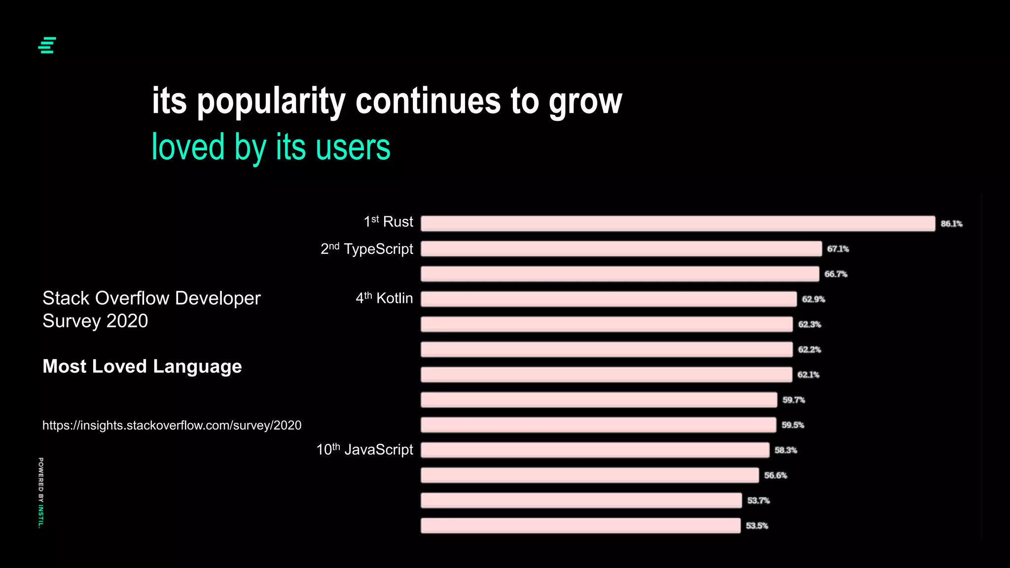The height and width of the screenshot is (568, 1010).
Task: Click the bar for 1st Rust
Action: tap(678, 223)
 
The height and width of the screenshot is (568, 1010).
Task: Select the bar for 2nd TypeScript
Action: tap(621, 248)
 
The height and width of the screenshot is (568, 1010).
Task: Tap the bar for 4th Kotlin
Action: tap(609, 299)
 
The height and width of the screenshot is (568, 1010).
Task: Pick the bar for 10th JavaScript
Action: tap(595, 450)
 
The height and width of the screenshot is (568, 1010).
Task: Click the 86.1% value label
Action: tap(951, 224)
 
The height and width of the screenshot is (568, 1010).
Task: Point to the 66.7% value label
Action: tap(836, 274)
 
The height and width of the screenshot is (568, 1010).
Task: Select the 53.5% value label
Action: tap(757, 526)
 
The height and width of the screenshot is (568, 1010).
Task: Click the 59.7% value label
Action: tap(794, 400)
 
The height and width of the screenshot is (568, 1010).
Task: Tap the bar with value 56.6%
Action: tap(589, 475)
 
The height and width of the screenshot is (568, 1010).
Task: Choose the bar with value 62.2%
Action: tap(607, 350)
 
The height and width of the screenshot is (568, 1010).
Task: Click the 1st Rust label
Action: tap(388, 222)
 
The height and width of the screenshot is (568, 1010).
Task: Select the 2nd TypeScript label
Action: tap(367, 248)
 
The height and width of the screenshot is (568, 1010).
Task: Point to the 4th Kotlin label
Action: tap(384, 298)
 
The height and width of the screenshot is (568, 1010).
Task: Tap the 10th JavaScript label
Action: tap(364, 449)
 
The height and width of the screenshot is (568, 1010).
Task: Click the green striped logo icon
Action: tap(47, 45)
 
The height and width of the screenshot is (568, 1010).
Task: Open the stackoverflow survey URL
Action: tap(172, 425)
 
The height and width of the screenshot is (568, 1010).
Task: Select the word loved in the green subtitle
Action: tap(188, 147)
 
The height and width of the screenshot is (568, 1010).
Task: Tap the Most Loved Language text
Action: tap(142, 366)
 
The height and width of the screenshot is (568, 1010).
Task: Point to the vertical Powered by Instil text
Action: tap(41, 493)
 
